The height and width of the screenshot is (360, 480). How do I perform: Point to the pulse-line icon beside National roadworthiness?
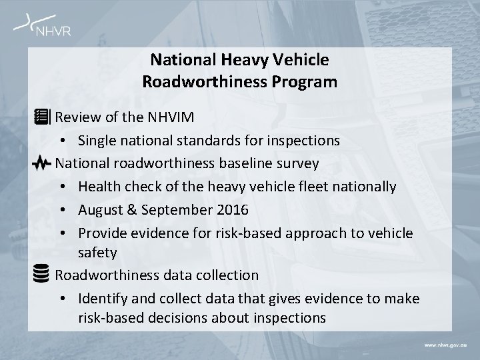pos(41,163)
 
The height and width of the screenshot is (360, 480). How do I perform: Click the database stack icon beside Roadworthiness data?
pos(41,273)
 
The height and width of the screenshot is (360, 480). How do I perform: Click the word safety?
pos(97,253)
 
